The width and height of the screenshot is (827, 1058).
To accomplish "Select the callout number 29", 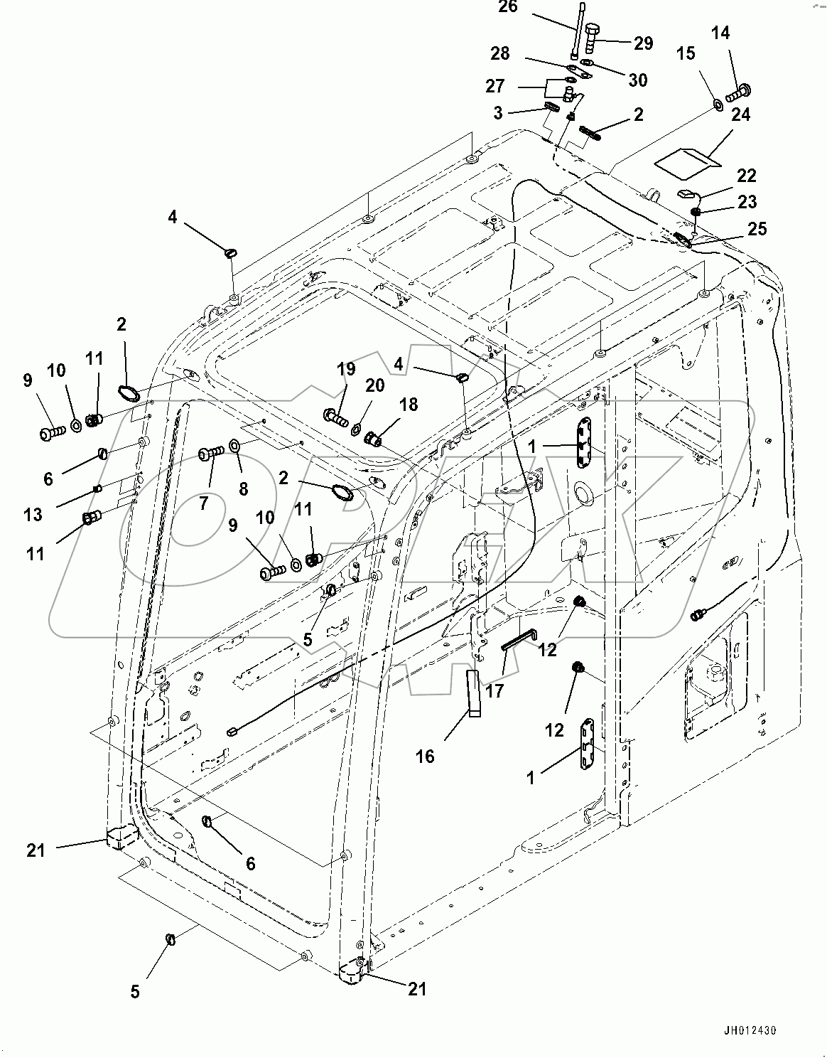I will (x=643, y=44).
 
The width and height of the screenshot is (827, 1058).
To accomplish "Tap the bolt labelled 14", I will (x=740, y=91).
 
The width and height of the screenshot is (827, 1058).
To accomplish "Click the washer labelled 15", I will (x=717, y=105).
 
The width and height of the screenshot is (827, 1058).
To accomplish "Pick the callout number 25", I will (x=757, y=229).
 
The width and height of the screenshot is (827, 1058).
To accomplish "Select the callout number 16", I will (x=425, y=755).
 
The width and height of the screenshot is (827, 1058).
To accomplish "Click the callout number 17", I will (x=494, y=690).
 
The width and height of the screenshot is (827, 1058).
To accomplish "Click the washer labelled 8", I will (x=234, y=447).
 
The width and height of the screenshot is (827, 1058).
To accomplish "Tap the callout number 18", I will (x=408, y=405).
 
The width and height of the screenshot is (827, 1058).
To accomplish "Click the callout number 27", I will (x=495, y=86).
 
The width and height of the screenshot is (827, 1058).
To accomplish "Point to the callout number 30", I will (x=638, y=80).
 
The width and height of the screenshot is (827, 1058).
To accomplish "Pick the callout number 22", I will (x=746, y=176).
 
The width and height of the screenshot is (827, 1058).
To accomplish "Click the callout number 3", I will (x=498, y=112).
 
